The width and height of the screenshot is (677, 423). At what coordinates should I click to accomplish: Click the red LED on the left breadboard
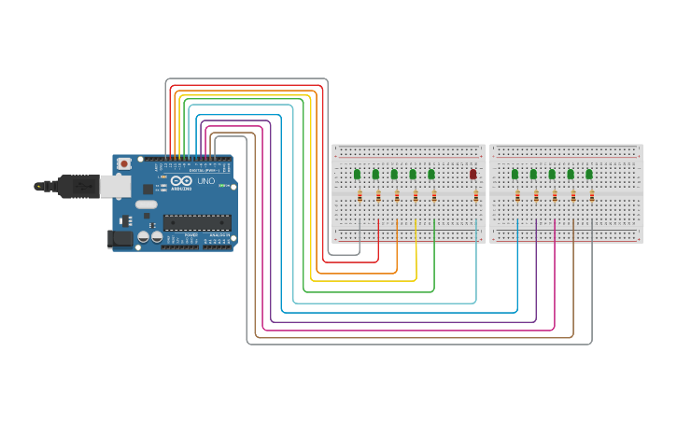473,174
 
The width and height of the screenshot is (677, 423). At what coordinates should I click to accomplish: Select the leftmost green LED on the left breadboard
358,174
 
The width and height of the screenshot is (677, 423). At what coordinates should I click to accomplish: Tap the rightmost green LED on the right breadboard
589,174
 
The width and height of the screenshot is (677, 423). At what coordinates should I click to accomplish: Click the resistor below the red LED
475,195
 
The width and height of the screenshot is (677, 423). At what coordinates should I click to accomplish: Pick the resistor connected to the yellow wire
416,195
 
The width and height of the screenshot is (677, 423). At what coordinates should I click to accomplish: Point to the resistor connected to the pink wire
555,195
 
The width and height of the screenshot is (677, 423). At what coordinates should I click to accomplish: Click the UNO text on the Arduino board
205,181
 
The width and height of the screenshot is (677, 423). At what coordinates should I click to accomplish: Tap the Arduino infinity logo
182,180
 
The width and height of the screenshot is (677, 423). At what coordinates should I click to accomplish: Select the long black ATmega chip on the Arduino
197,222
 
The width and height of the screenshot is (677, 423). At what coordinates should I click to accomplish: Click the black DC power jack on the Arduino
120,239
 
